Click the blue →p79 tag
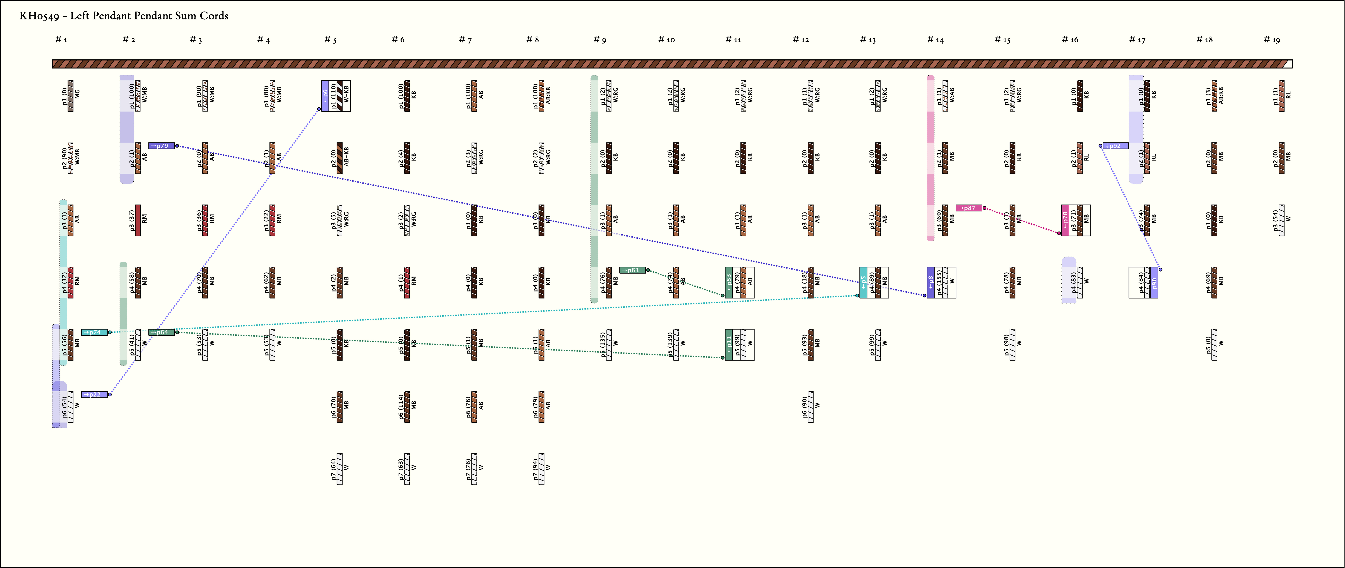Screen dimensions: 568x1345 161,146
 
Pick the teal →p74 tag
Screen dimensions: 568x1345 94,332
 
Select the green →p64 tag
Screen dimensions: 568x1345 161,332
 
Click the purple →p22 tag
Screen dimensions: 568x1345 94,395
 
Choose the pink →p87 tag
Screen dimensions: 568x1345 969,208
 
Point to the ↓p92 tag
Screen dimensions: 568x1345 1114,146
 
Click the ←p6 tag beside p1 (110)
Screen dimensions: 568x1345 325,96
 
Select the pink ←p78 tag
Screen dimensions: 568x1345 1065,220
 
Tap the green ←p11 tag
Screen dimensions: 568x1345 728,344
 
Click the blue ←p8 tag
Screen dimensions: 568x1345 930,282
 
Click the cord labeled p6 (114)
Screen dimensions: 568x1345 407,406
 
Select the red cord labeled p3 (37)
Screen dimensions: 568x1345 138,220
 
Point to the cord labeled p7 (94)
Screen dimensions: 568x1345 542,469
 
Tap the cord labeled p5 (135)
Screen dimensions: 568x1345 609,344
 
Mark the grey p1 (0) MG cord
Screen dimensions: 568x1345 71,96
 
